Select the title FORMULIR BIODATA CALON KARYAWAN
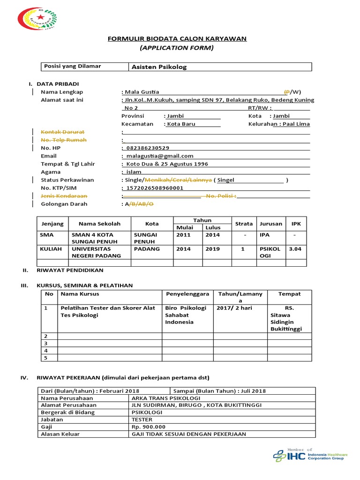pyautogui.click(x=177, y=38)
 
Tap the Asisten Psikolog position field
pyautogui.click(x=159, y=67)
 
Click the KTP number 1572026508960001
pyautogui.click(x=155, y=188)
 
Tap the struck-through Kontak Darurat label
pyautogui.click(x=62, y=132)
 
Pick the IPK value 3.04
pyautogui.click(x=295, y=249)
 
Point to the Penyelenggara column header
pyautogui.click(x=187, y=294)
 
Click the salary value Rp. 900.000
pyautogui.click(x=149, y=427)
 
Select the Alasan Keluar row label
pyautogui.click(x=60, y=434)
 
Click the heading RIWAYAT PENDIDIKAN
pyautogui.click(x=70, y=270)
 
